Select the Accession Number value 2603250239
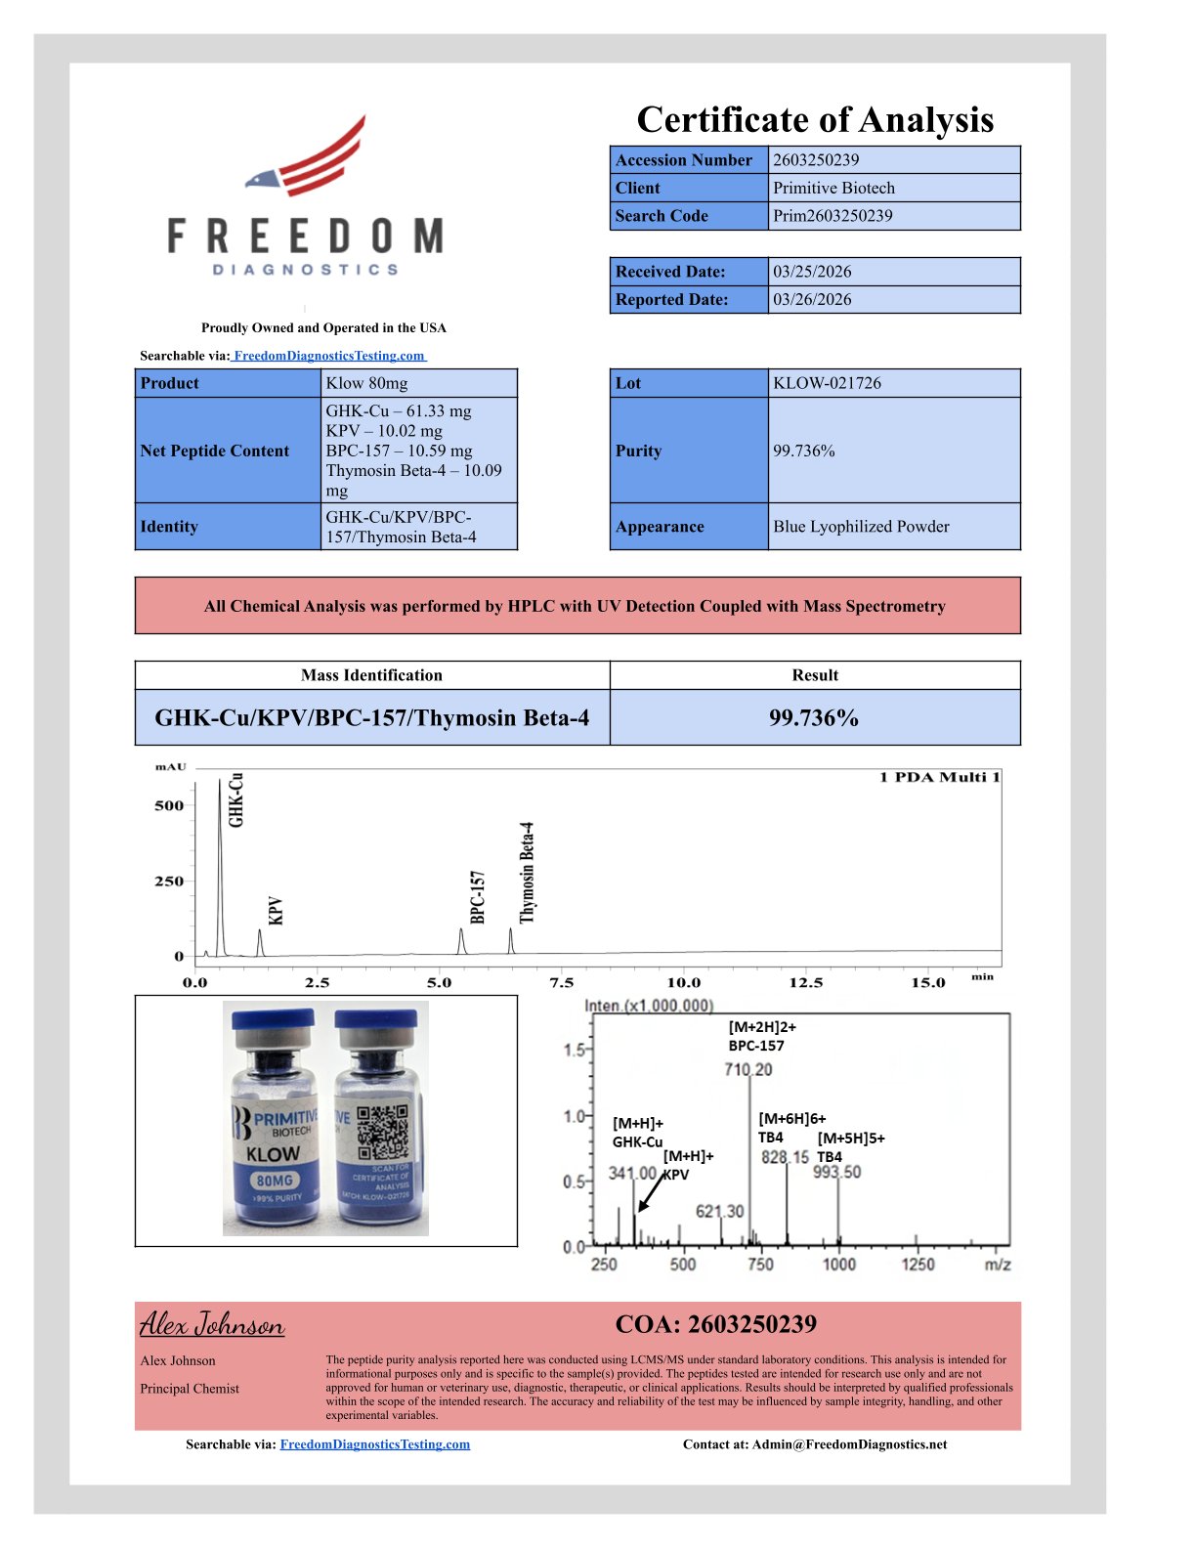tap(816, 160)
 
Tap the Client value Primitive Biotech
tap(833, 188)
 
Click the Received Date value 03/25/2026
tap(812, 272)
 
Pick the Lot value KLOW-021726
tap(827, 383)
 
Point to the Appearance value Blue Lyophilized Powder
tap(861, 527)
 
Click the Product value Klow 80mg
tap(366, 383)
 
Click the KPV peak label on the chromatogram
tap(276, 911)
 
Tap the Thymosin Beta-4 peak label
tap(528, 872)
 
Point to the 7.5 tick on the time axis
tap(561, 982)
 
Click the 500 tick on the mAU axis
tap(169, 805)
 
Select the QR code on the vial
tap(382, 1132)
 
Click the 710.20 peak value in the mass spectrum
tap(748, 1069)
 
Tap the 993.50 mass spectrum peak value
tap(837, 1172)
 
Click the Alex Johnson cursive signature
tap(212, 1325)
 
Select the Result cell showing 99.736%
tap(814, 718)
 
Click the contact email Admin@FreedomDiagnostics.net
tap(849, 1444)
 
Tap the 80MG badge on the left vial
tap(275, 1180)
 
